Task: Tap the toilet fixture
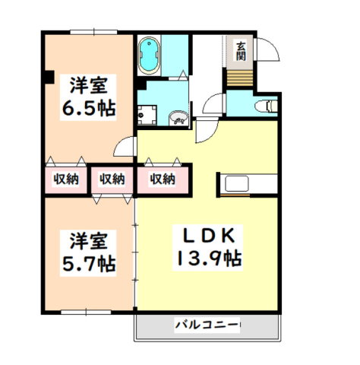(x=267, y=106)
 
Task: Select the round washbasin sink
(x=178, y=118)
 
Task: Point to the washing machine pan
(x=147, y=115)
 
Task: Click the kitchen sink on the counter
(x=237, y=184)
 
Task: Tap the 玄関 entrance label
(x=241, y=52)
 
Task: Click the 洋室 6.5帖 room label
(x=88, y=97)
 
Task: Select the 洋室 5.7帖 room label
(x=88, y=253)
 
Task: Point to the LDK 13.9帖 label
(x=208, y=248)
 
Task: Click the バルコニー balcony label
(x=207, y=325)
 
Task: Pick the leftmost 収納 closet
(x=66, y=179)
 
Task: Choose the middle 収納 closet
(x=112, y=179)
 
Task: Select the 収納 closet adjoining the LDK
(x=163, y=179)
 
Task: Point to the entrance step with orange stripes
(x=239, y=78)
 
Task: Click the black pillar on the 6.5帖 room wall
(x=49, y=77)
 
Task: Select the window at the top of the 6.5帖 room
(x=93, y=32)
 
